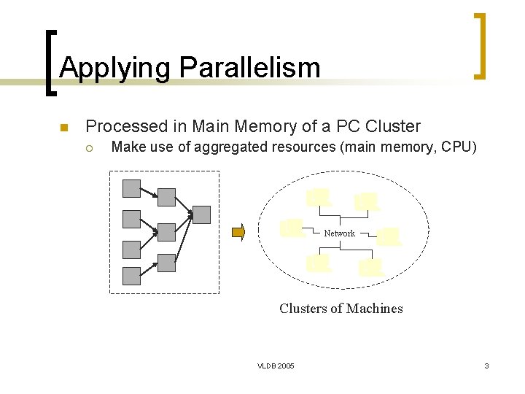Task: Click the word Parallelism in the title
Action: pyautogui.click(x=249, y=68)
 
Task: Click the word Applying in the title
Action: pyautogui.click(x=116, y=68)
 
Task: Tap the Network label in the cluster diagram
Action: pyautogui.click(x=339, y=233)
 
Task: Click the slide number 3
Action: pyautogui.click(x=486, y=365)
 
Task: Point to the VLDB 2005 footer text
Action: pyautogui.click(x=276, y=365)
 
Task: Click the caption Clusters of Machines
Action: pyautogui.click(x=341, y=308)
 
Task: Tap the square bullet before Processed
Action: pyautogui.click(x=63, y=128)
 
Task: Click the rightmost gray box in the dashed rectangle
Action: pyautogui.click(x=201, y=215)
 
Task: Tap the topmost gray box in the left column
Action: pyautogui.click(x=131, y=189)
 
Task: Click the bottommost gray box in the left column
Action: pyautogui.click(x=131, y=276)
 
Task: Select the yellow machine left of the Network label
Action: pyautogui.click(x=292, y=228)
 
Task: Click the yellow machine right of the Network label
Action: pyautogui.click(x=389, y=236)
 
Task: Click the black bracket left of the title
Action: pyautogui.click(x=49, y=62)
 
